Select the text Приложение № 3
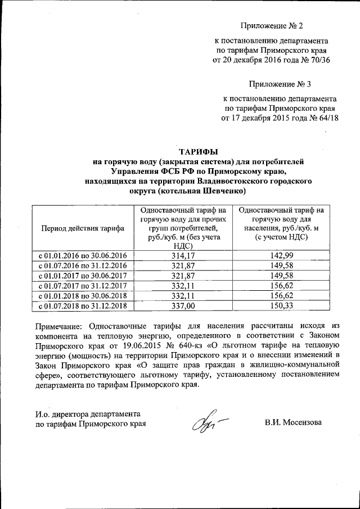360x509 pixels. tap(279, 84)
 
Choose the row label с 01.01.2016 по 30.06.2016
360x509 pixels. tap(83, 255)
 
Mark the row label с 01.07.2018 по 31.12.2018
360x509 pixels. tap(83, 306)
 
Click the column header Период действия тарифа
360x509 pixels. tap(83, 229)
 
